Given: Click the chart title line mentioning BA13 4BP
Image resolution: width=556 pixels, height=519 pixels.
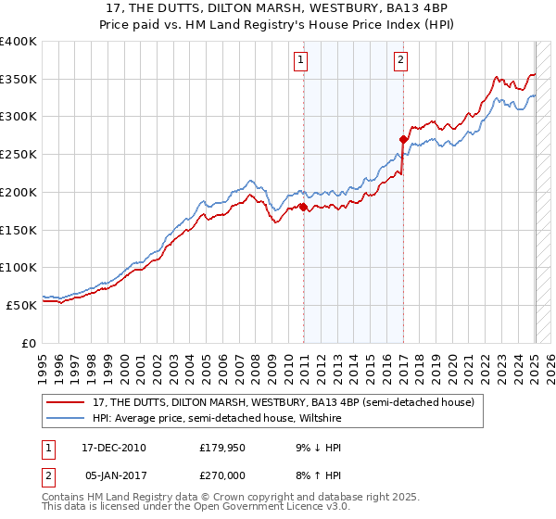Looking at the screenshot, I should coord(278,8).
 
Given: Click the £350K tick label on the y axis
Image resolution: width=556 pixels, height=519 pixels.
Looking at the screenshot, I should coord(19,79).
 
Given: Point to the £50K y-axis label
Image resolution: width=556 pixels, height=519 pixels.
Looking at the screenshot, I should coord(21,305).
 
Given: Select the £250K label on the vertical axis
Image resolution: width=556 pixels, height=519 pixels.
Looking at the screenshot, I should coord(19,154).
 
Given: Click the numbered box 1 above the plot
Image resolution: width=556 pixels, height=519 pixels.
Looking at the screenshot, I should coord(302,61).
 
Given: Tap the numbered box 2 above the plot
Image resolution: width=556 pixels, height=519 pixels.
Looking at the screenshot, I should coord(400,61).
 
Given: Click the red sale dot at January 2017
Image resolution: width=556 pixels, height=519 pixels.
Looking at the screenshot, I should coord(403,139).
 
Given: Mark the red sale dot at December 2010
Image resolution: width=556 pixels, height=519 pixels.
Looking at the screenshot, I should coord(304,207).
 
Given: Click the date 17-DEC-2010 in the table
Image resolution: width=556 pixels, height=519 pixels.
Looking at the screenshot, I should coord(114,448).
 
